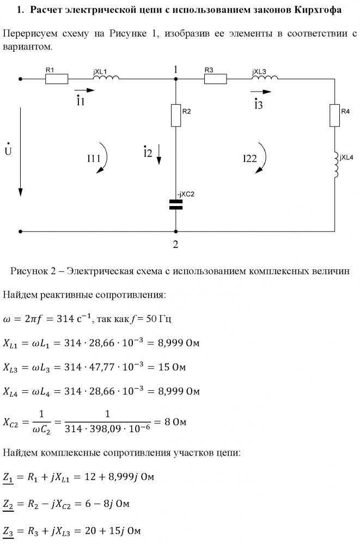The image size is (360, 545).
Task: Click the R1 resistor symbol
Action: tap(57, 79)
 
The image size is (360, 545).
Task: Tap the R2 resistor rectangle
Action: tap(176, 115)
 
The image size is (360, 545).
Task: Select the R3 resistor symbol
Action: tap(216, 79)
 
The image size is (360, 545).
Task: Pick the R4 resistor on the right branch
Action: tap(334, 115)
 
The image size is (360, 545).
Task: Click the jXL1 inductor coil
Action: tap(106, 77)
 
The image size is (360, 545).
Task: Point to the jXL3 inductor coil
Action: tap(265, 77)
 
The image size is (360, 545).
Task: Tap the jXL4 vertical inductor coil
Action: tap(336, 165)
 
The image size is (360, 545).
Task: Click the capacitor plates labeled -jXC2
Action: tap(176, 205)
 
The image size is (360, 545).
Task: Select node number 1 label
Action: tap(176, 70)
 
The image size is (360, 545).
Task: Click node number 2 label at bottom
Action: tap(175, 244)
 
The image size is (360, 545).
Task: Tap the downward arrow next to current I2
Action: tap(159, 154)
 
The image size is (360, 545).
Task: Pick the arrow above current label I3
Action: tap(261, 92)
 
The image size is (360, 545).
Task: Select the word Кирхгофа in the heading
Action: tap(318, 10)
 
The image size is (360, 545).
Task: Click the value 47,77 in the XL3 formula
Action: tap(102, 367)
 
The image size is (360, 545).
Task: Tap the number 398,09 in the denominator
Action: tap(99, 429)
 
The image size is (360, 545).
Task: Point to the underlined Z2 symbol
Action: tap(8, 504)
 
